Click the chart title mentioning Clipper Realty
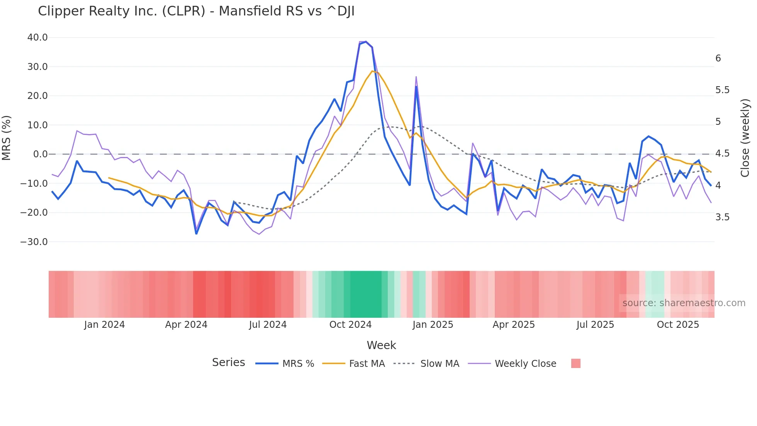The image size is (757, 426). pyautogui.click(x=196, y=11)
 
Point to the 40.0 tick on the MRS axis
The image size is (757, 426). pyautogui.click(x=37, y=37)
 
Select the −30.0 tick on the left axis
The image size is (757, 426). pyautogui.click(x=34, y=242)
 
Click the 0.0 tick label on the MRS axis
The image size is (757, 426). pyautogui.click(x=40, y=154)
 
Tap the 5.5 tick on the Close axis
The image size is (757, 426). pyautogui.click(x=722, y=90)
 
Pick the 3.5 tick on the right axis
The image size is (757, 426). pyautogui.click(x=722, y=217)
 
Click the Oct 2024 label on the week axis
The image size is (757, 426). pyautogui.click(x=350, y=325)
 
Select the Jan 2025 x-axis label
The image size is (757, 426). pyautogui.click(x=433, y=325)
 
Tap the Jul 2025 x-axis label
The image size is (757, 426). pyautogui.click(x=595, y=325)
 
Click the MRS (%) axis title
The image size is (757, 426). pyautogui.click(x=7, y=138)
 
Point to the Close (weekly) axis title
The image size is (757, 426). pyautogui.click(x=745, y=138)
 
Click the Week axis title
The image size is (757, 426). pyautogui.click(x=381, y=345)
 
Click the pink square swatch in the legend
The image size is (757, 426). pyautogui.click(x=575, y=363)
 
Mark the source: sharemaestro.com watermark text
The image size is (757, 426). pyautogui.click(x=684, y=303)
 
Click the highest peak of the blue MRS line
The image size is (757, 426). pyautogui.click(x=366, y=42)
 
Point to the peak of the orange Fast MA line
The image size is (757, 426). pyautogui.click(x=372, y=71)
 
